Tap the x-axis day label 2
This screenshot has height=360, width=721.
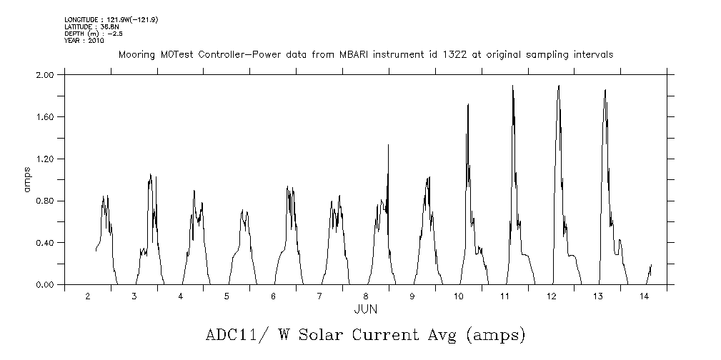tap(88, 296)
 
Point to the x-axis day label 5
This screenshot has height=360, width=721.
tap(227, 296)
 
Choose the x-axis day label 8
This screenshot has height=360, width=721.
tap(365, 296)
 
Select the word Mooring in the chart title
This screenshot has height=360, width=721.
tap(136, 54)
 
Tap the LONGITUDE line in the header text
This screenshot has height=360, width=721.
tap(111, 20)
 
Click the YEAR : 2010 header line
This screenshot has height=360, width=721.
tap(84, 40)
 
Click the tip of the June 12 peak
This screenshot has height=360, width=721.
tap(558, 86)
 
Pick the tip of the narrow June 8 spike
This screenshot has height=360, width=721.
tap(388, 145)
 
